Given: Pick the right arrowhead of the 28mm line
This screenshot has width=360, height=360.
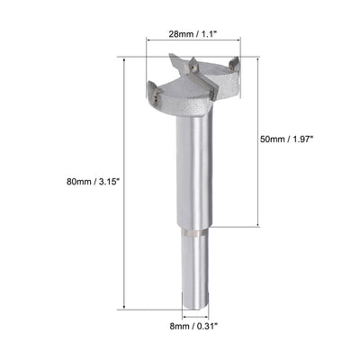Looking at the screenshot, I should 241,41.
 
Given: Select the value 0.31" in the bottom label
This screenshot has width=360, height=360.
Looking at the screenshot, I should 209,328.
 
